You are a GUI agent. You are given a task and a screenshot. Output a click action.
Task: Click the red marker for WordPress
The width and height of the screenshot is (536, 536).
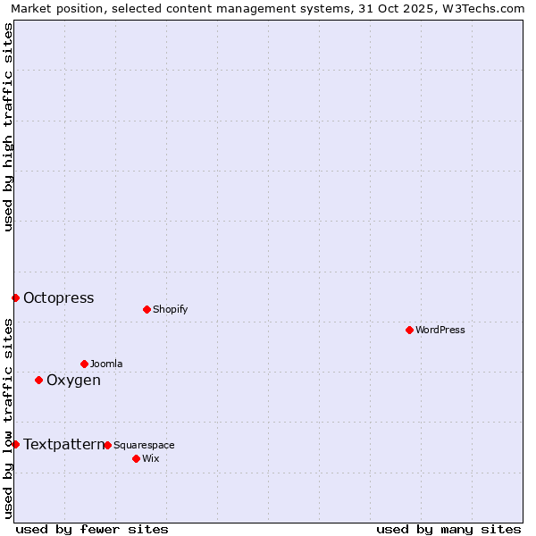(409, 330)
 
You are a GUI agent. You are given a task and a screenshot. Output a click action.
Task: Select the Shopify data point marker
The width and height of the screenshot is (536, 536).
(147, 309)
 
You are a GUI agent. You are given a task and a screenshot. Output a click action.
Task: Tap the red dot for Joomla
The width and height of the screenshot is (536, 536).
(84, 364)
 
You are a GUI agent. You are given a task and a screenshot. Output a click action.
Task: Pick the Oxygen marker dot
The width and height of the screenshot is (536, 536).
(38, 380)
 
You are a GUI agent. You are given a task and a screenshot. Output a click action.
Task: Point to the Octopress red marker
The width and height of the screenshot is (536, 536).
(15, 297)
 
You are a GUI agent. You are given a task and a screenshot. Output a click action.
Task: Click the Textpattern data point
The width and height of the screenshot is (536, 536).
(15, 444)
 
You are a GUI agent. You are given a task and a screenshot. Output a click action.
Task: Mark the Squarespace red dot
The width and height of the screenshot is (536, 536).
(107, 445)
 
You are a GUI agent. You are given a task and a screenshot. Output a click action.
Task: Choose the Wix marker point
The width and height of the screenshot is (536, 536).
(136, 458)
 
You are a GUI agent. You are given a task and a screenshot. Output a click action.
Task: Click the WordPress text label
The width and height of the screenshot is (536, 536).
(440, 330)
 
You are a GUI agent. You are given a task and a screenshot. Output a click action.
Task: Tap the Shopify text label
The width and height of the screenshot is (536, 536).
(171, 309)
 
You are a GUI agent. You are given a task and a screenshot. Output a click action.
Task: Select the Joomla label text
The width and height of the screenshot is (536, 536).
(106, 364)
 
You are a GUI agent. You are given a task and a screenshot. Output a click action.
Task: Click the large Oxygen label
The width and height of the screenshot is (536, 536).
(73, 381)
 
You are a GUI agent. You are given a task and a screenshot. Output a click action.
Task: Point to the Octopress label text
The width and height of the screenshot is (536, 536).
(59, 298)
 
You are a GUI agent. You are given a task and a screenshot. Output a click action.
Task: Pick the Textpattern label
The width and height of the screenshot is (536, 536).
(63, 444)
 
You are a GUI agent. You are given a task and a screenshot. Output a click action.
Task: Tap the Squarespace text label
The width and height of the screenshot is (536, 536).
(144, 445)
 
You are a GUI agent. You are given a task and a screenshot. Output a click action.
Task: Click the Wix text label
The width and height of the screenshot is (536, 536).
(151, 458)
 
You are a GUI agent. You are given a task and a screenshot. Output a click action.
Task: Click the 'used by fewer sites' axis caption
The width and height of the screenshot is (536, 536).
(92, 529)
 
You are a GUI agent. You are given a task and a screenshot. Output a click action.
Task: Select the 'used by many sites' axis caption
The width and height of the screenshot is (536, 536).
(448, 529)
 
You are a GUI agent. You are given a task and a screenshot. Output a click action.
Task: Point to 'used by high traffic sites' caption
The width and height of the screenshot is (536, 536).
(8, 127)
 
